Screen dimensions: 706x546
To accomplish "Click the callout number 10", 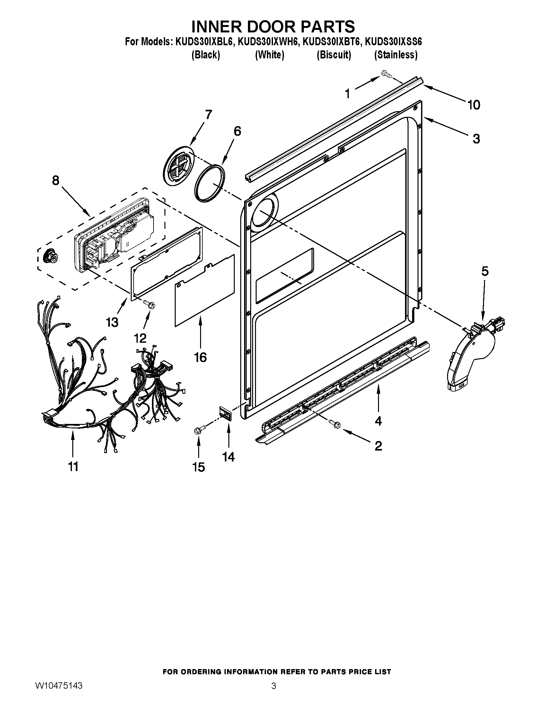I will click(473, 105).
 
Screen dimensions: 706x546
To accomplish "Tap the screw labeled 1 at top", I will click(386, 74).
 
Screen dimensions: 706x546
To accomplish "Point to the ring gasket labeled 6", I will click(210, 183).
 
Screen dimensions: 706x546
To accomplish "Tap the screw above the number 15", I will click(198, 430).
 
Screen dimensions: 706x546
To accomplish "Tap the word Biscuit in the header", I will click(334, 55).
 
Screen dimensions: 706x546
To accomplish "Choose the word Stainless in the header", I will click(396, 55).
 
